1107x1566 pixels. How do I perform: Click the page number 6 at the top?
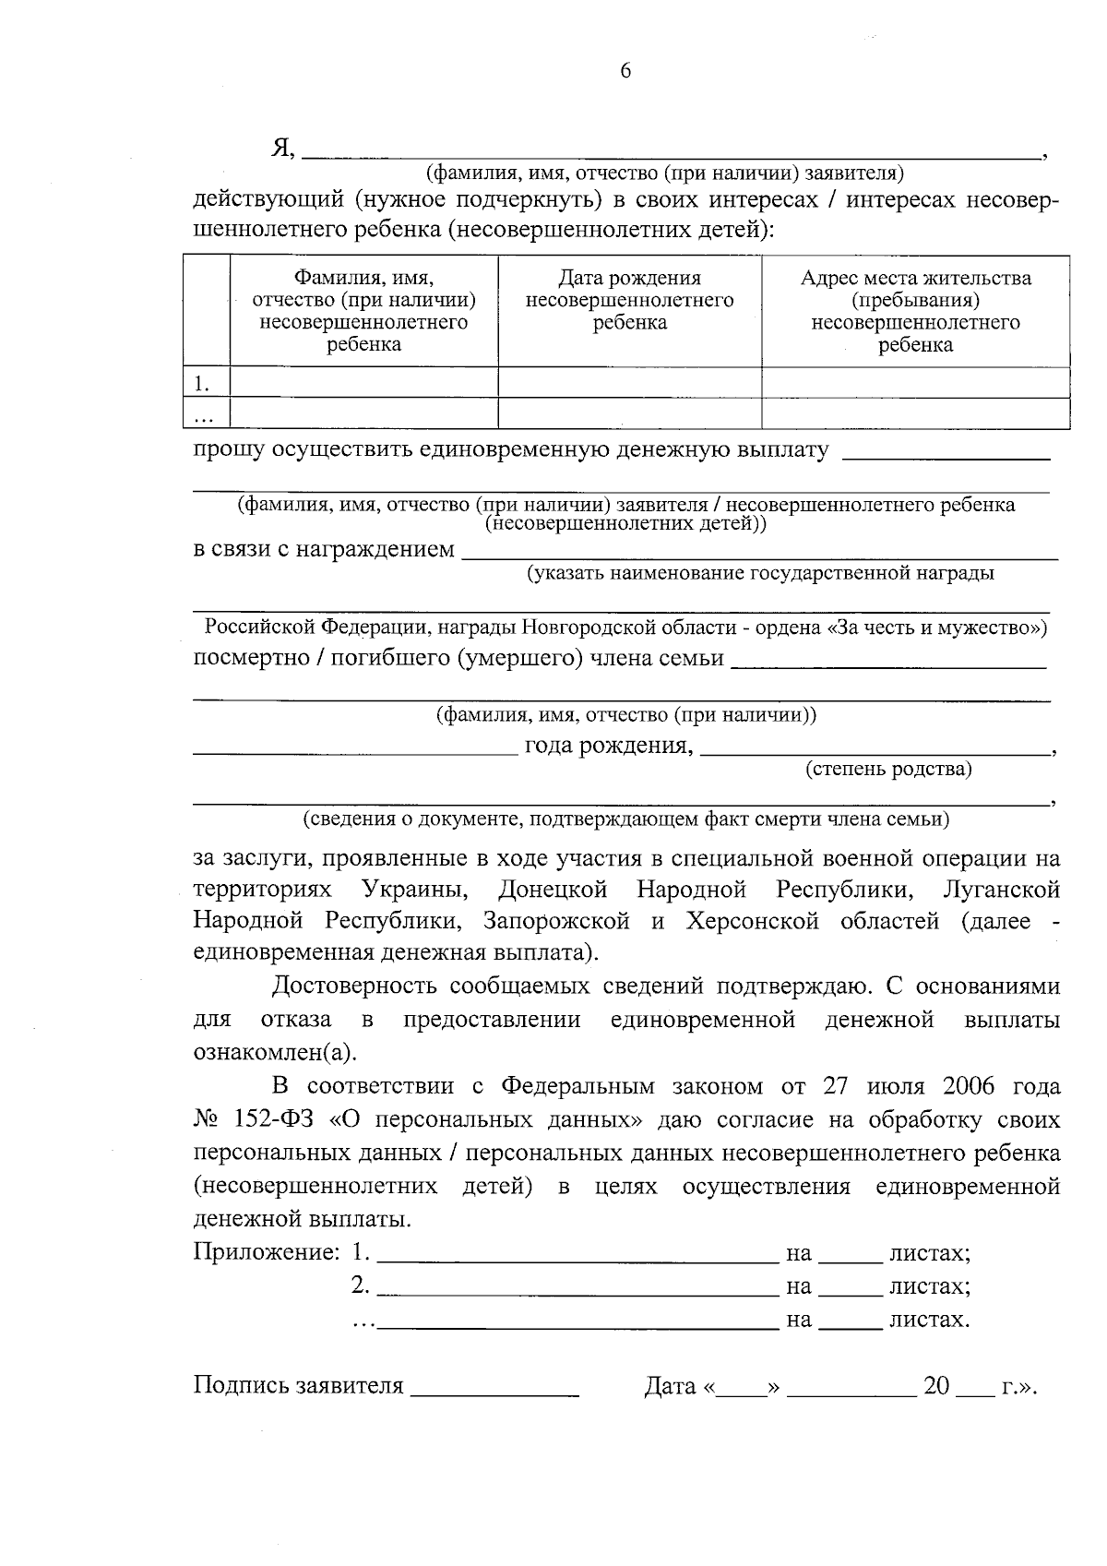click(x=625, y=72)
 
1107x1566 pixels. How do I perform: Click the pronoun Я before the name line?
click(x=281, y=148)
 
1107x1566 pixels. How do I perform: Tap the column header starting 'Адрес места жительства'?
click(x=915, y=311)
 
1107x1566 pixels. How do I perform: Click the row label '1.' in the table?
click(x=201, y=382)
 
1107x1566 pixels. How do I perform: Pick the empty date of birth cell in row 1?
click(x=630, y=382)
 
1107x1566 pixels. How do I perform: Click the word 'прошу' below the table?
click(x=229, y=450)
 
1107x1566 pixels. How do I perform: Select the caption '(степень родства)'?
click(x=888, y=769)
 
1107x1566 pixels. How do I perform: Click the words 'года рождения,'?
click(x=609, y=746)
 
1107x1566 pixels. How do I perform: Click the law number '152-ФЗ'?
click(x=273, y=1119)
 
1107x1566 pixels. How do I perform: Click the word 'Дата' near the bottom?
click(x=670, y=1387)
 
